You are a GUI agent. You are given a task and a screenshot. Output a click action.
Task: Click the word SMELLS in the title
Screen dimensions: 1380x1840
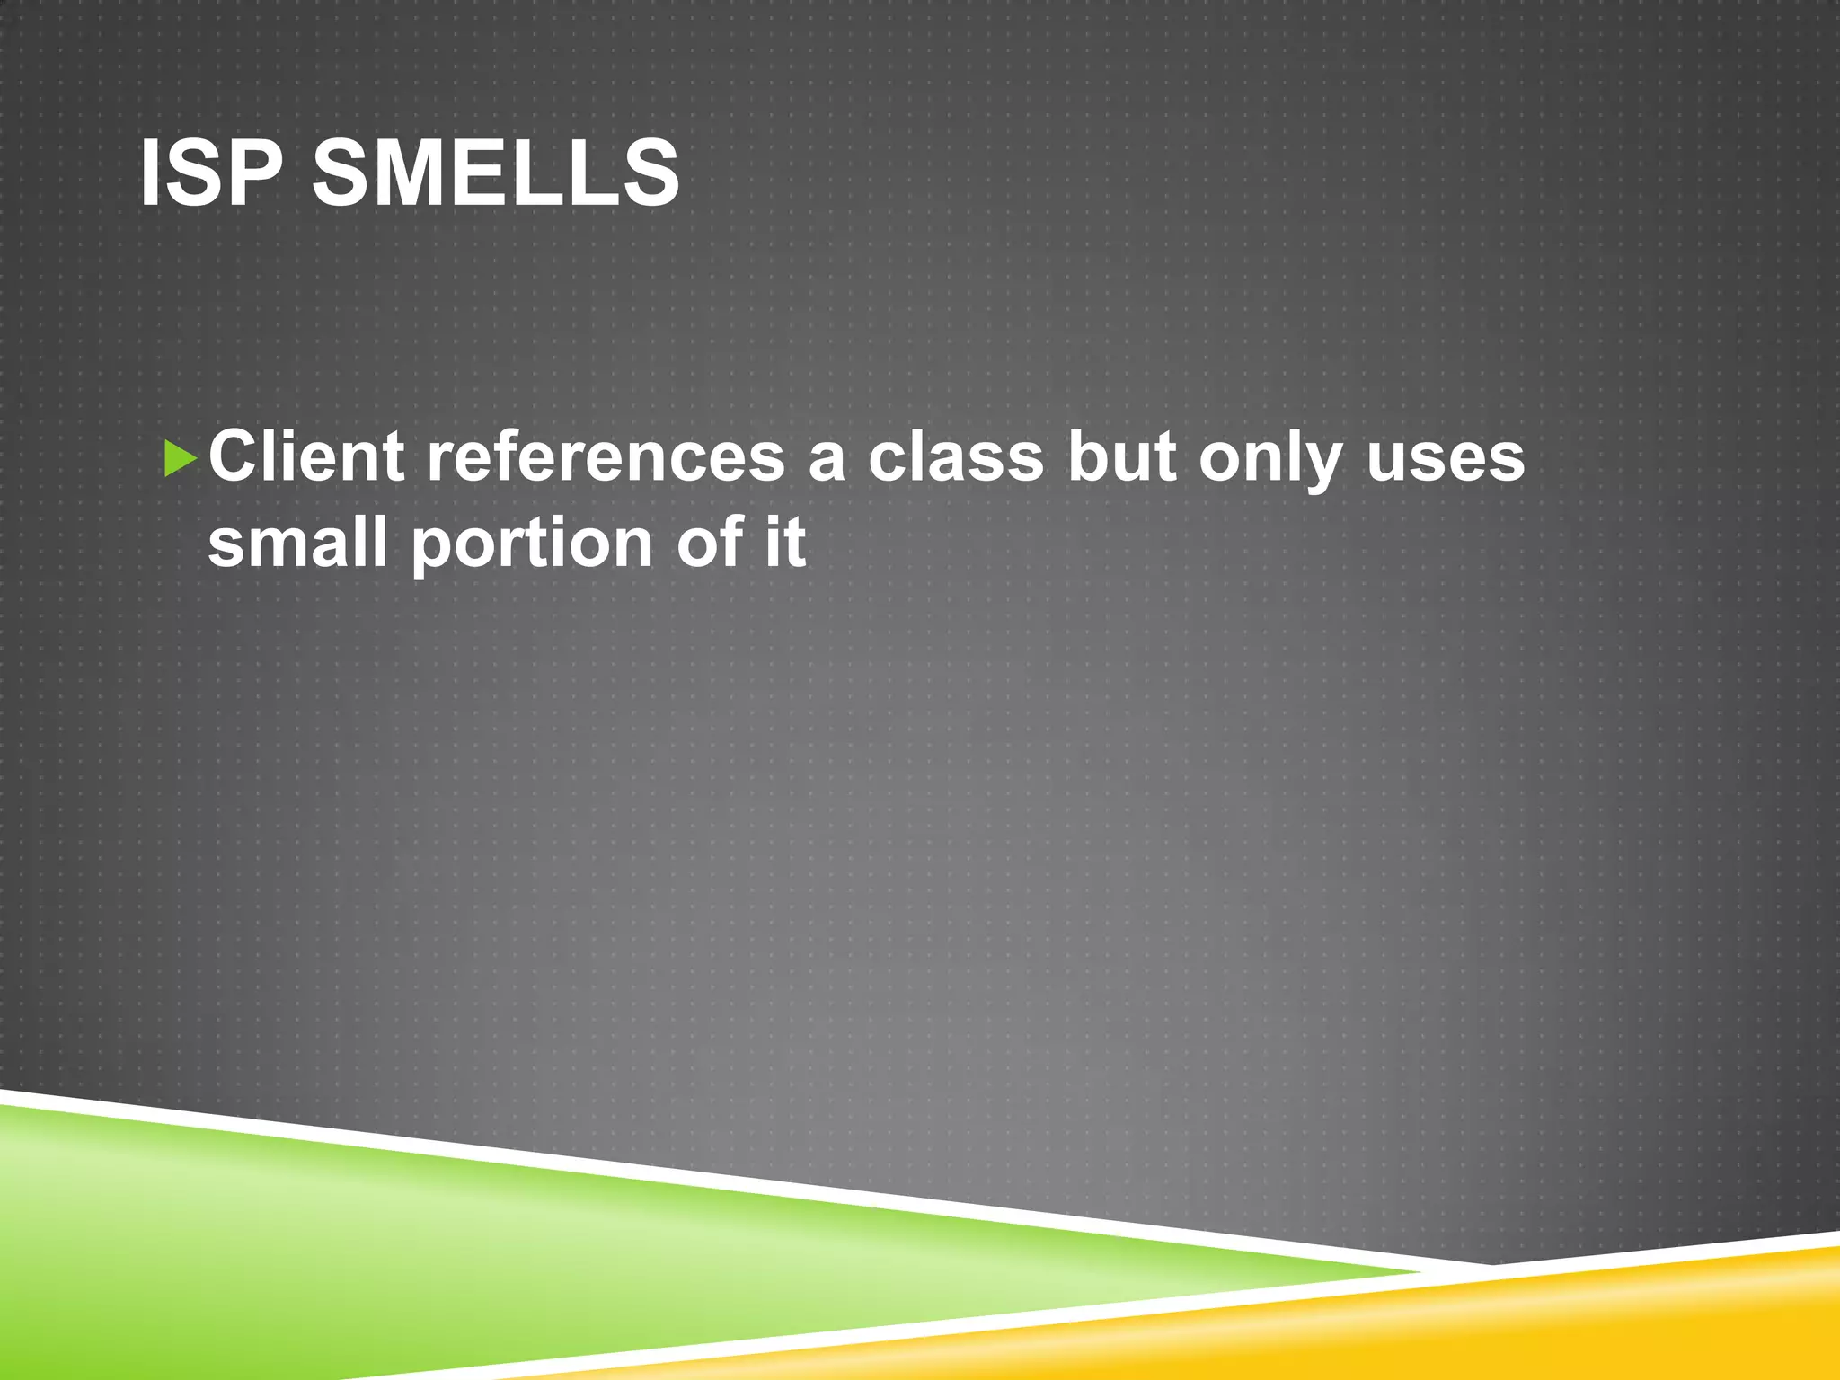[x=496, y=174]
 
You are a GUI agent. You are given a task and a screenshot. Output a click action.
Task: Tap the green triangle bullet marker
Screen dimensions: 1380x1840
[x=181, y=459]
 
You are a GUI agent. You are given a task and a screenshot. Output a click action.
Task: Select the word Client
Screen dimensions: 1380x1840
[x=305, y=456]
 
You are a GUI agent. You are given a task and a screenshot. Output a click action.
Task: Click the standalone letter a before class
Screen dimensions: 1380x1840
[x=827, y=460]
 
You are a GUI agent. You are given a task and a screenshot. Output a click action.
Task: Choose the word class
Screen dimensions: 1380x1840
[x=956, y=456]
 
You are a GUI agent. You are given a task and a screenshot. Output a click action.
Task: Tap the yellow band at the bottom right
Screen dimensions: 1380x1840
[x=1572, y=1321]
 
